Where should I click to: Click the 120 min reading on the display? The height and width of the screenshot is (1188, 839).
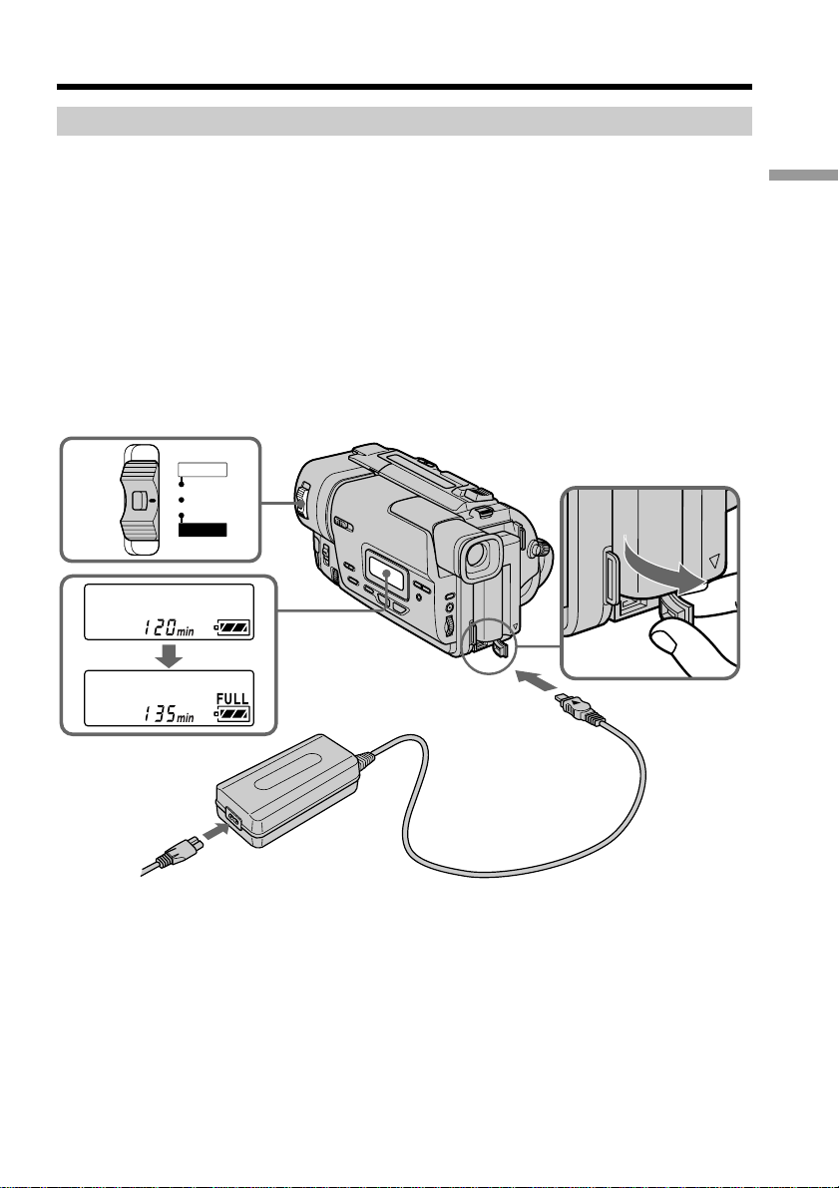click(168, 626)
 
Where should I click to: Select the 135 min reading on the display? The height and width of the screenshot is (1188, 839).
click(168, 713)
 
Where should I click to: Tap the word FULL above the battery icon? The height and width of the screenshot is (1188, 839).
click(232, 699)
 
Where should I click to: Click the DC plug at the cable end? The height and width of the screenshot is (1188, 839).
click(580, 709)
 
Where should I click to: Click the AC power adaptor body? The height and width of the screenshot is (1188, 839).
click(289, 788)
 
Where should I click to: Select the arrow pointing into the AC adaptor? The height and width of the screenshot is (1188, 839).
click(216, 832)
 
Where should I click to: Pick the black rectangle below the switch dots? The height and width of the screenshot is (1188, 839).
click(203, 530)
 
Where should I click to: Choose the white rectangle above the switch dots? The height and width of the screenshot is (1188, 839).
click(203, 469)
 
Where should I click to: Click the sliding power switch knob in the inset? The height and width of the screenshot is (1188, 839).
click(140, 500)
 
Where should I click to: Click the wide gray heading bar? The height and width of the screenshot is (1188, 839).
click(404, 122)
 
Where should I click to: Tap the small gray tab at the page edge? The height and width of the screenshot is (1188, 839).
click(803, 175)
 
